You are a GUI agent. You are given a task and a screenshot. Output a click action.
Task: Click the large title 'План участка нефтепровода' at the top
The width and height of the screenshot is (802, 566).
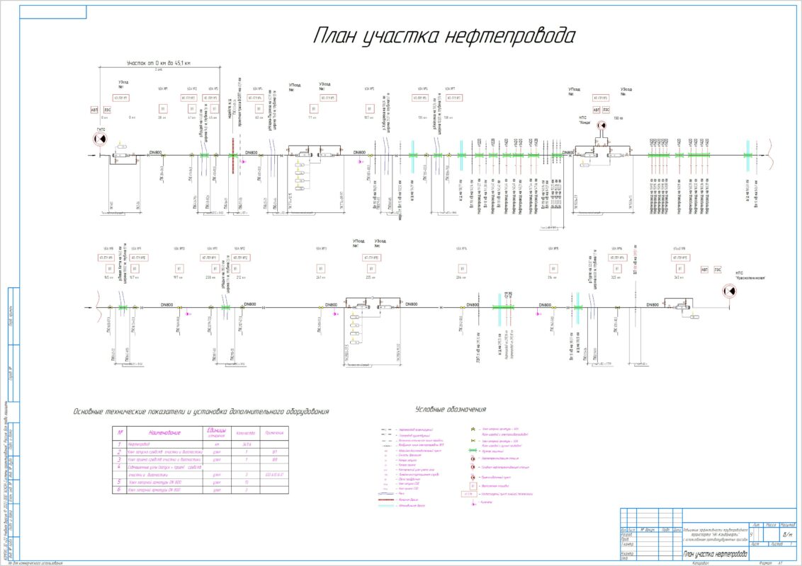444,37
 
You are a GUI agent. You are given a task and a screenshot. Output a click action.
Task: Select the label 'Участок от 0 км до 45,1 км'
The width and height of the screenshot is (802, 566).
158,64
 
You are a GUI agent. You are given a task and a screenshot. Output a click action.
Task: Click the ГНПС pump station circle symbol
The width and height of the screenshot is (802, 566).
98,139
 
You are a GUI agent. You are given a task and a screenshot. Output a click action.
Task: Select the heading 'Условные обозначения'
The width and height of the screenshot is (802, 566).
451,409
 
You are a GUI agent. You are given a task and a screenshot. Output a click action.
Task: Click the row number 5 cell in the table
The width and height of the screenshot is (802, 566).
120,481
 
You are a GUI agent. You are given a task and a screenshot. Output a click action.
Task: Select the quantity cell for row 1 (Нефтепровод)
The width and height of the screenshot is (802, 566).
246,444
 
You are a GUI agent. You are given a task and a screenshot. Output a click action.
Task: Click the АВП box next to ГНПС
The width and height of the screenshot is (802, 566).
94,110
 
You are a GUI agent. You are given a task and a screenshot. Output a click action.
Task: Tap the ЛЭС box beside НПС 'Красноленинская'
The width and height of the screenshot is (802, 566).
717,269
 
